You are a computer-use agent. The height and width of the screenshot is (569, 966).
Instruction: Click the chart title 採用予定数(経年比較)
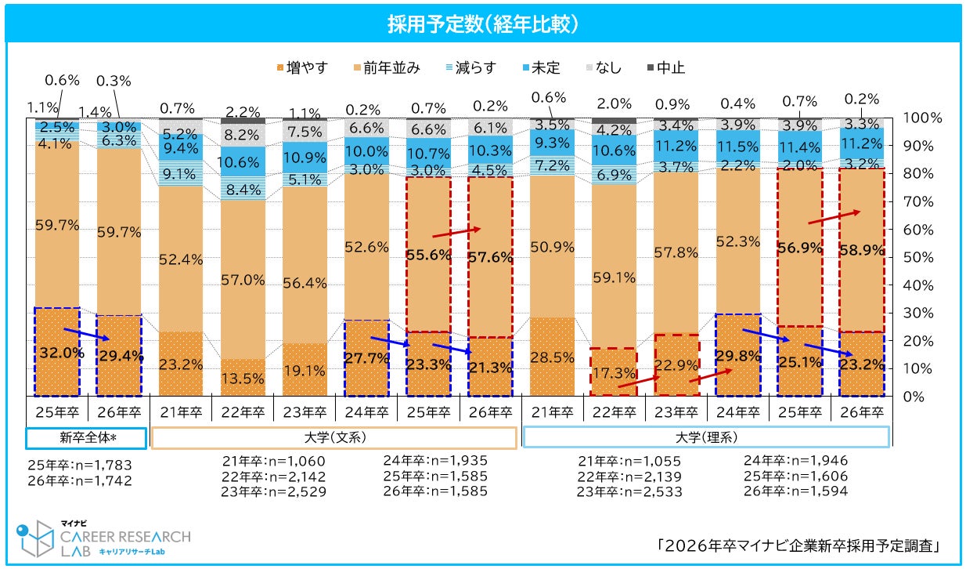tap(483, 24)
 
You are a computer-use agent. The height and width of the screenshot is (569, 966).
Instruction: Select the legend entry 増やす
tap(302, 68)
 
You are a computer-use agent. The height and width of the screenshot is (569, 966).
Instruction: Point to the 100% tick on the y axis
tap(924, 118)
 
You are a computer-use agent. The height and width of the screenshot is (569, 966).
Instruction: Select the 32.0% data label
tap(57, 353)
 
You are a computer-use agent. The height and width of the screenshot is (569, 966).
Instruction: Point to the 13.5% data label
tap(243, 378)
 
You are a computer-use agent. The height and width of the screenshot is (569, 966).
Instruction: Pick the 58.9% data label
tap(860, 250)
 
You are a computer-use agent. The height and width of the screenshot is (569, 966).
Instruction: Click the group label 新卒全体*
tap(85, 437)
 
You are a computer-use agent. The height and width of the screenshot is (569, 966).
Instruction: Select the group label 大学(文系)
tap(333, 437)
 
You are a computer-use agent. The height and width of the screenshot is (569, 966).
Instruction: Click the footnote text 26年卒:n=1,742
tap(80, 480)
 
